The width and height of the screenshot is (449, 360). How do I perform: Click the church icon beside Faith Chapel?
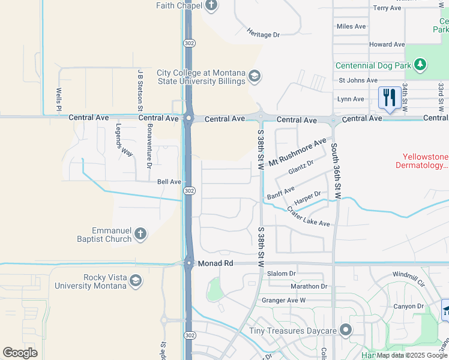[x=211, y=5]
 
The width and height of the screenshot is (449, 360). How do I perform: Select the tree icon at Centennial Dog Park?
[x=421, y=64]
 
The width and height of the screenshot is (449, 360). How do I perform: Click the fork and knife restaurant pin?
[x=390, y=97]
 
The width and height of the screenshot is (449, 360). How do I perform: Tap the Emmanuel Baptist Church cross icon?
[x=140, y=234]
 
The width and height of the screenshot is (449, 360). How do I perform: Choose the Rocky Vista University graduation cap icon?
[x=136, y=280]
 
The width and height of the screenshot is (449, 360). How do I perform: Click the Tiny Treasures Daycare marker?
[x=345, y=330]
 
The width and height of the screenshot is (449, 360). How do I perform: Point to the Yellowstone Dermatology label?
[x=421, y=161]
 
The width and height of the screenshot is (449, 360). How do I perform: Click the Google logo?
[x=20, y=352]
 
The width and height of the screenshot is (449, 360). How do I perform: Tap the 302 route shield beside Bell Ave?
[x=188, y=190]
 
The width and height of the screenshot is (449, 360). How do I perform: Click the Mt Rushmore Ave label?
[x=297, y=152]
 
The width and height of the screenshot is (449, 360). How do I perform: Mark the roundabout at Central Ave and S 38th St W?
[x=261, y=118]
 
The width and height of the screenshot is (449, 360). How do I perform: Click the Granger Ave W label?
[x=283, y=300]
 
